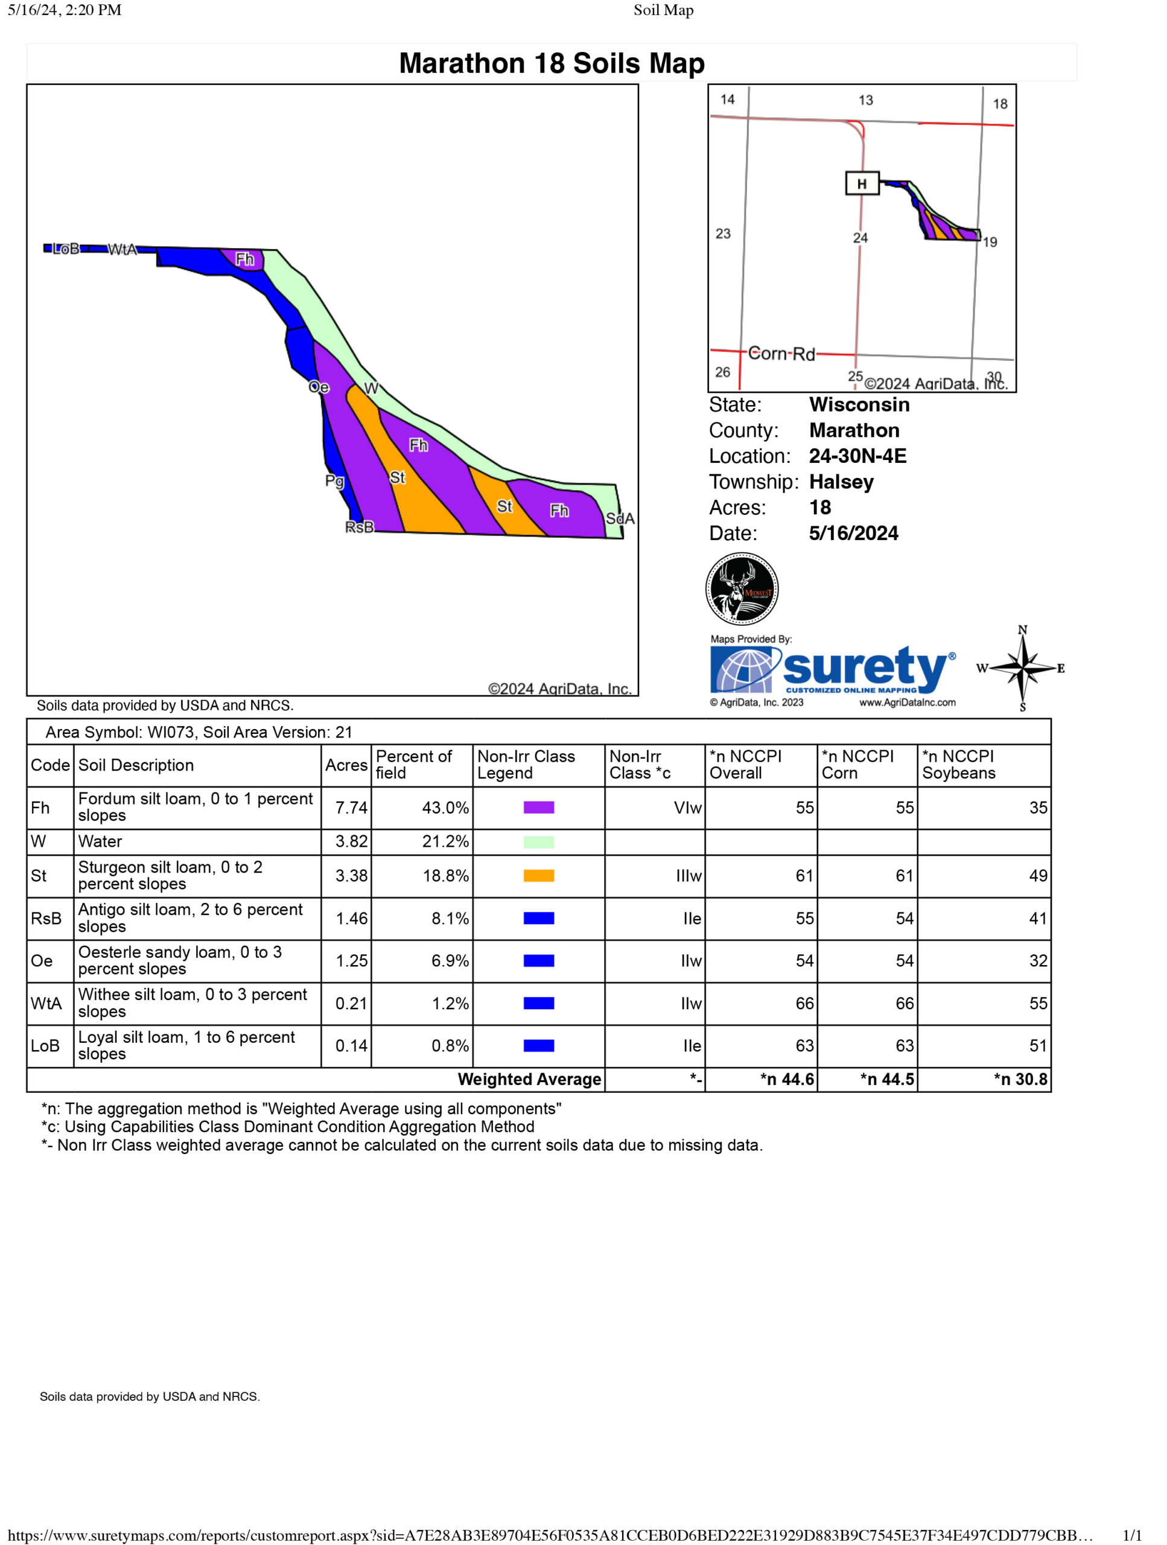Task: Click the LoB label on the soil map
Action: pos(66,249)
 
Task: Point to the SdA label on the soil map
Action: pos(620,518)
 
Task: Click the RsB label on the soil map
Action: pos(359,527)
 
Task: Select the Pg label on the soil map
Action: pos(334,480)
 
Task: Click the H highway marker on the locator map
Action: pos(861,183)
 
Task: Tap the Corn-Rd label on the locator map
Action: pos(781,354)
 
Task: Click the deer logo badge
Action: pos(742,589)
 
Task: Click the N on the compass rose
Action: pos(1022,630)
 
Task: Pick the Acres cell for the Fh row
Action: pos(351,808)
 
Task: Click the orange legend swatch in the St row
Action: pos(538,875)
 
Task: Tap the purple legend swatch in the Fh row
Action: pos(538,808)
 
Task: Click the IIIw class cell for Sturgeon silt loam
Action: pos(688,875)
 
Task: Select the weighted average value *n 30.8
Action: pos(1020,1079)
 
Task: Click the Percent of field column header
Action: pos(413,765)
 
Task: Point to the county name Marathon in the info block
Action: pos(853,430)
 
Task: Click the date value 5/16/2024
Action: pos(853,533)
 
